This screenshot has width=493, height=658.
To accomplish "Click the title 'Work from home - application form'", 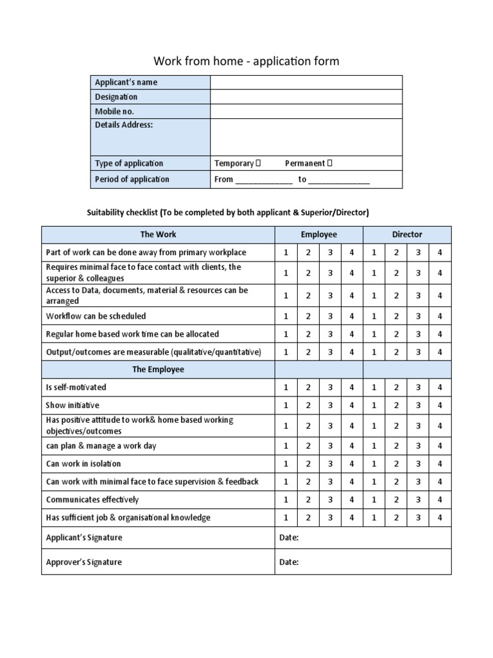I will pos(246,61).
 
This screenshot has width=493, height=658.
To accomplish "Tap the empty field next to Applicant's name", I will pos(306,82).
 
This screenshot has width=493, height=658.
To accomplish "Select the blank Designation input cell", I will pos(306,97).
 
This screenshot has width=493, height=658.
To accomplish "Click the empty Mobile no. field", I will pos(306,111).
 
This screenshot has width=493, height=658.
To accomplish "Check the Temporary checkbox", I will pos(258,163).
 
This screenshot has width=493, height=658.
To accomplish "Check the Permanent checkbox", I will pos(330,163).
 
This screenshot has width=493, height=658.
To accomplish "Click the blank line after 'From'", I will pos(264,180).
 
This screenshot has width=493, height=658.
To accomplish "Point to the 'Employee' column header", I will pos(319,235).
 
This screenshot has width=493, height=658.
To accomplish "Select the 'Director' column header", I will pos(407,235).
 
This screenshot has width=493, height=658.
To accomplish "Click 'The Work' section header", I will pos(158,235).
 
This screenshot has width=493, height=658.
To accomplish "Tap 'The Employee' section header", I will pos(158,369).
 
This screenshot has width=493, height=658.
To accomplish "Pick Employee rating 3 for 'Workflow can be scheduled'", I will pos(330,316).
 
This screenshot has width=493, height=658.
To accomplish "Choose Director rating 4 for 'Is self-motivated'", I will pos(440,387).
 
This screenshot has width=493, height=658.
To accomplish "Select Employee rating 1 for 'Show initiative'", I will pos(286,405).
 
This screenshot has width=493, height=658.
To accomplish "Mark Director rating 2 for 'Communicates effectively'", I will pos(396,499).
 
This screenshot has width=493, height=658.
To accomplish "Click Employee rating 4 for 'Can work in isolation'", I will pos(352,463).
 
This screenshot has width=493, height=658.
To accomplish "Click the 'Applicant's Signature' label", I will pos(84,537).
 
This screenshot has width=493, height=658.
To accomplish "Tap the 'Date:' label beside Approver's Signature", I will pos(289,562).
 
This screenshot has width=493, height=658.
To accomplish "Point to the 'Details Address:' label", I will pos(124,125).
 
